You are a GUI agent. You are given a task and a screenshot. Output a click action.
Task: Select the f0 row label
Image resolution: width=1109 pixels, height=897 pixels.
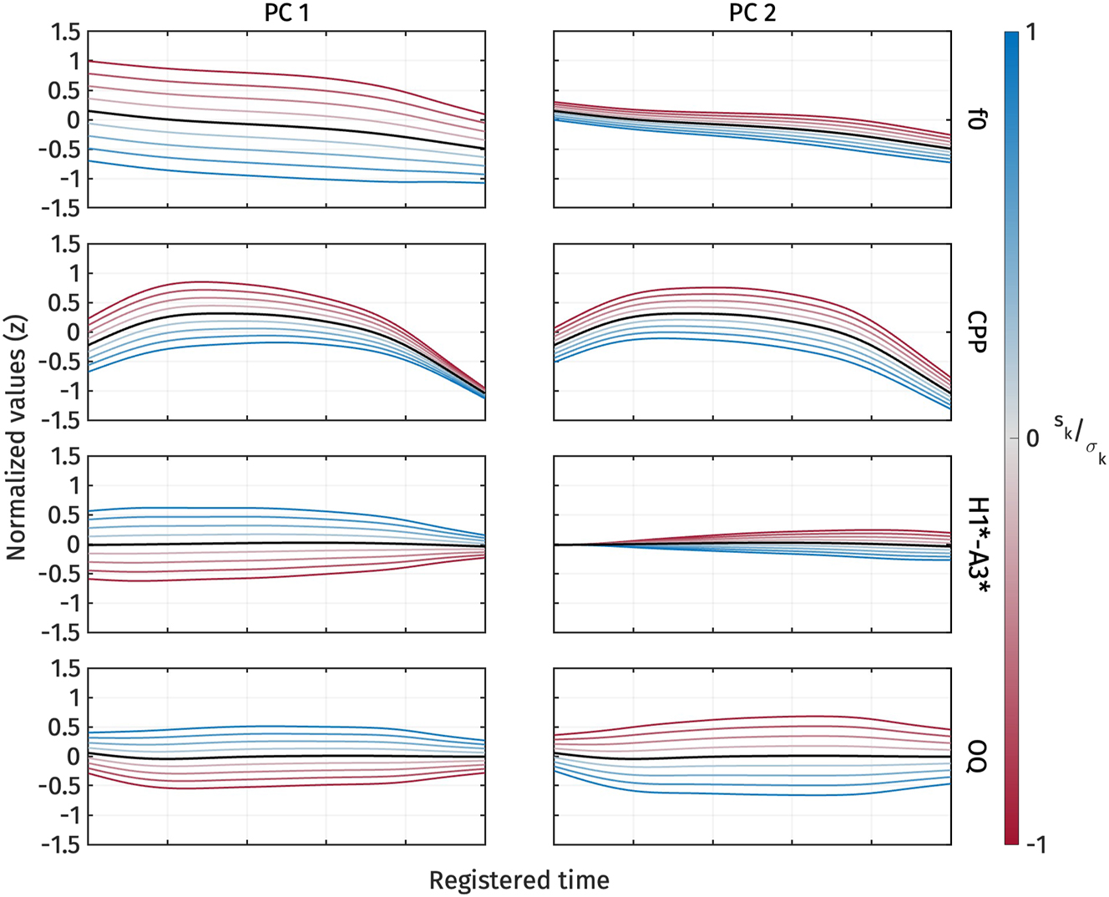tap(974, 120)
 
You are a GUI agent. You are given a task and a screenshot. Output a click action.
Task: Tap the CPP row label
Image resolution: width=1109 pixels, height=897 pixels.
tap(974, 332)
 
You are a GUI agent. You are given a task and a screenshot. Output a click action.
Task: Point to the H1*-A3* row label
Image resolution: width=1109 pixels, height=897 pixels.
tap(974, 545)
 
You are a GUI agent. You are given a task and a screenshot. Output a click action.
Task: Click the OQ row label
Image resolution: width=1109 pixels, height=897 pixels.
tap(974, 757)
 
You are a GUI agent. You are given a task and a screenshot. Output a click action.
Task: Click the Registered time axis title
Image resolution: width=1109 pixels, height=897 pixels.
tap(519, 879)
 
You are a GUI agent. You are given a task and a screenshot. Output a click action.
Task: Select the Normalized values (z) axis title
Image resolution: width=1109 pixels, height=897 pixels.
tap(15, 438)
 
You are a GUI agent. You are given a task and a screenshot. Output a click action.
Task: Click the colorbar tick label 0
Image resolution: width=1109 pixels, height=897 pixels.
tap(1032, 438)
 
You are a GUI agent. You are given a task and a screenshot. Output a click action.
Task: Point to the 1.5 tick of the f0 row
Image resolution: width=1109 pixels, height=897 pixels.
tap(65, 32)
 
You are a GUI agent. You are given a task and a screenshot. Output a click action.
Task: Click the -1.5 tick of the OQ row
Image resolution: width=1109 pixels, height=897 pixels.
tap(62, 844)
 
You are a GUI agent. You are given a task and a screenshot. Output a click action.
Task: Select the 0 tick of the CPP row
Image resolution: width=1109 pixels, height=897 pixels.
tap(73, 332)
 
